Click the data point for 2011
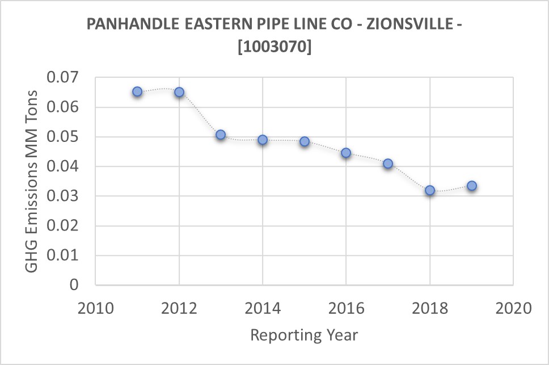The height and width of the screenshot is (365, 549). (x=137, y=91)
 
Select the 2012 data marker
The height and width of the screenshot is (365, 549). (x=179, y=92)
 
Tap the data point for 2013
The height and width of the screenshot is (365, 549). (x=221, y=135)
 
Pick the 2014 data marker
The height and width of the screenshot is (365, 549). (x=263, y=140)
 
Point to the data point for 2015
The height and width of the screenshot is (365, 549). (x=305, y=141)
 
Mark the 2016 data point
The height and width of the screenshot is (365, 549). (x=346, y=153)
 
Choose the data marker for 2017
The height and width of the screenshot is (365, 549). (x=388, y=163)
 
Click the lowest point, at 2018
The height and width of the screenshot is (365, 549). (x=430, y=190)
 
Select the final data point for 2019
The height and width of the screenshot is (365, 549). (x=471, y=186)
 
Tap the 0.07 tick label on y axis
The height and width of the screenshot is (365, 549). (x=62, y=77)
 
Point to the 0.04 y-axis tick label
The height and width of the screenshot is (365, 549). (x=62, y=166)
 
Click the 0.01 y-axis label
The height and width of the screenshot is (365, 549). (x=62, y=255)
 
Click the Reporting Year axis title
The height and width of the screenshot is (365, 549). (x=304, y=335)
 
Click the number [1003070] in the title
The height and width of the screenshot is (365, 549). (x=274, y=48)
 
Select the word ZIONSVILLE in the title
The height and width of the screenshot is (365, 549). (x=400, y=24)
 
